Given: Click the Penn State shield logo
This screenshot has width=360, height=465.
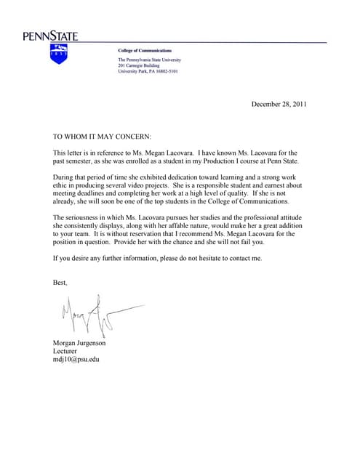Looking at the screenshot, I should [x=59, y=54].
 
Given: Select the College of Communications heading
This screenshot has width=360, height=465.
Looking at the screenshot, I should [x=145, y=51].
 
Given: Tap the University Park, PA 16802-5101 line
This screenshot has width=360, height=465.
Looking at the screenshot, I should [x=148, y=72].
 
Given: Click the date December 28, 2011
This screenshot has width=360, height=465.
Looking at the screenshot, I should [x=279, y=104].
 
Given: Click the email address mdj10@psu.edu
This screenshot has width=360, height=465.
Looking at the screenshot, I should [x=76, y=359].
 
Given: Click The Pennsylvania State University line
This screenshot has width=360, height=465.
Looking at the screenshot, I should [x=150, y=59].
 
